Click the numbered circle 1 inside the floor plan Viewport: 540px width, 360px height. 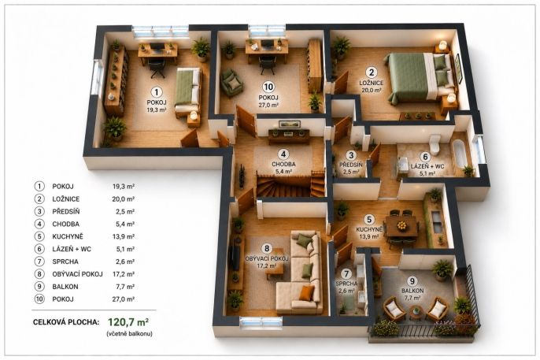(157, 92)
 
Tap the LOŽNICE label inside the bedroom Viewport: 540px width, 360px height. (372, 83)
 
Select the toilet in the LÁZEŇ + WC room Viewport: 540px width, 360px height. (435, 145)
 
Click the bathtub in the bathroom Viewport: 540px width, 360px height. (460, 154)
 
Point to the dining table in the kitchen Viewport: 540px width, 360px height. (401, 226)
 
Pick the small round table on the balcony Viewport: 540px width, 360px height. (416, 312)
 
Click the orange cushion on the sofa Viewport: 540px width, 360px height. (306, 293)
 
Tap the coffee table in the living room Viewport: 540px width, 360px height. (276, 264)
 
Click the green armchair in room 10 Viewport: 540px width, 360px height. (231, 83)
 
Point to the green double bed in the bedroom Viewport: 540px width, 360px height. (421, 78)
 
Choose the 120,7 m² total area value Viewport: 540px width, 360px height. (128, 322)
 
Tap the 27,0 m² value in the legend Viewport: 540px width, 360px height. (124, 299)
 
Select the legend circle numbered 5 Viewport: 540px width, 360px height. (39, 236)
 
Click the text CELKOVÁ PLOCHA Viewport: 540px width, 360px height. (66, 322)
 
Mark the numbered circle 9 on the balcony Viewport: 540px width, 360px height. (412, 281)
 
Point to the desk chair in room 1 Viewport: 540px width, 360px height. (157, 68)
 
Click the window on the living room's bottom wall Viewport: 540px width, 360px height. (261, 322)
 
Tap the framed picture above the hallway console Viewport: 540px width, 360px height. (290, 124)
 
